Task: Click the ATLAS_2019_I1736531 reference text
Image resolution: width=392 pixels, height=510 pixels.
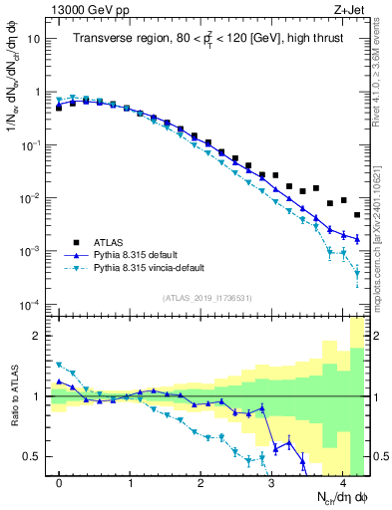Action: click(x=208, y=298)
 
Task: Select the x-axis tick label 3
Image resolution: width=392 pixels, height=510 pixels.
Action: click(x=271, y=483)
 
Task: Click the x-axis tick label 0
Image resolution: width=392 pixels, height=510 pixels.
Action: click(x=59, y=483)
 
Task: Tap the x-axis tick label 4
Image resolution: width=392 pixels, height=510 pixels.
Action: click(x=342, y=483)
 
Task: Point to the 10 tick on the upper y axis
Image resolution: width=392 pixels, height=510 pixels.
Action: click(x=34, y=39)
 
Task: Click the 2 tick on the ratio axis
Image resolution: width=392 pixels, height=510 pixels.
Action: click(x=38, y=336)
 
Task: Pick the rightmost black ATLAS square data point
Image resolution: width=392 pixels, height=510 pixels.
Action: click(x=357, y=214)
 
